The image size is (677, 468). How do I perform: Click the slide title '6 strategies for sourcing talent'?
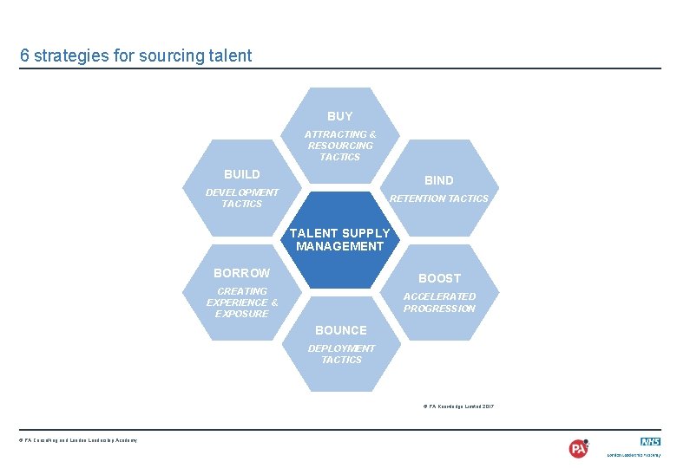coord(136,55)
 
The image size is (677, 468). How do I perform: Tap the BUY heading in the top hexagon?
coord(340,116)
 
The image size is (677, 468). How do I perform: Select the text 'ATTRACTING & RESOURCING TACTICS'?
coord(340,146)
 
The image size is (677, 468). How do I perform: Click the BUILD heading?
coord(242,174)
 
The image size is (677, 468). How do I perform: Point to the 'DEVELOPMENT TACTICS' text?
coord(242,198)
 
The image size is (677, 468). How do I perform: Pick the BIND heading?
coord(439,180)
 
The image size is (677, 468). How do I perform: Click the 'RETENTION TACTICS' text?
coord(439,198)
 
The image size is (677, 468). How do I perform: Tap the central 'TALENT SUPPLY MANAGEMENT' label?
coord(339,239)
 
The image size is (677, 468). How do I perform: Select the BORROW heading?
coord(242,273)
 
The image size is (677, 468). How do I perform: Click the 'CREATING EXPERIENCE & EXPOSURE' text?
coord(242,302)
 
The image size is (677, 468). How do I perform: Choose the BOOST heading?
coord(440,278)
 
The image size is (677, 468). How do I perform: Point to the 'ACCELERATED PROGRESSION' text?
coord(440,302)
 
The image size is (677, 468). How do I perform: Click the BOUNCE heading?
coord(341,330)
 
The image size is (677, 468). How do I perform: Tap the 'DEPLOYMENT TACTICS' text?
coord(341,354)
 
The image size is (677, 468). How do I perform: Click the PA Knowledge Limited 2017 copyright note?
coord(458,406)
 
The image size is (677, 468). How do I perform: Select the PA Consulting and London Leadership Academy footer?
coord(78,440)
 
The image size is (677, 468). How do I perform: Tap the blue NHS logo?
coord(650,441)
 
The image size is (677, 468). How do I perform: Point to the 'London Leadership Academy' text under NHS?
coord(634,454)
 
